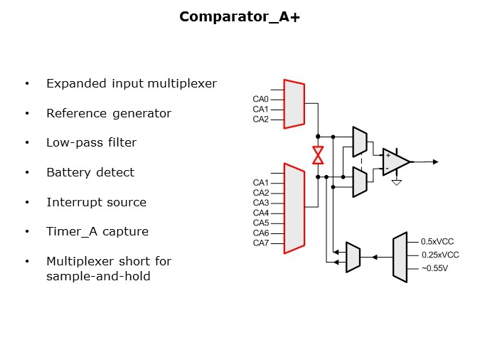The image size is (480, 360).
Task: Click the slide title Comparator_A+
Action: click(240, 16)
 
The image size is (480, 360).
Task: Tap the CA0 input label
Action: click(260, 99)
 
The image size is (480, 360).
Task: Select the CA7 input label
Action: click(260, 243)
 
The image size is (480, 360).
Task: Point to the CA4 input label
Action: click(260, 213)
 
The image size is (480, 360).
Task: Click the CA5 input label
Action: click(260, 223)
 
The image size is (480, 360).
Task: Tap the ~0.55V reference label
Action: click(434, 268)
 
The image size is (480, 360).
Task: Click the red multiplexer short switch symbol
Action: click(319, 155)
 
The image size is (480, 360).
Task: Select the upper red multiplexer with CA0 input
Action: click(294, 104)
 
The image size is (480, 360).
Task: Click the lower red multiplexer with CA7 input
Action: click(294, 208)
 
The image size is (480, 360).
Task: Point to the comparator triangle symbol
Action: click(395, 162)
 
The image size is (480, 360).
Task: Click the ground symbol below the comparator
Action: click(398, 182)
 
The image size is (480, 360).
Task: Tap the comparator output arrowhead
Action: click(435, 162)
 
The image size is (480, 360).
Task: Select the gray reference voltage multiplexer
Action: click(400, 257)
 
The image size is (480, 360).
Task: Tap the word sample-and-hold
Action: click(98, 276)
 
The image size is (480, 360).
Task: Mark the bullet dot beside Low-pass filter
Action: click(27, 143)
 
